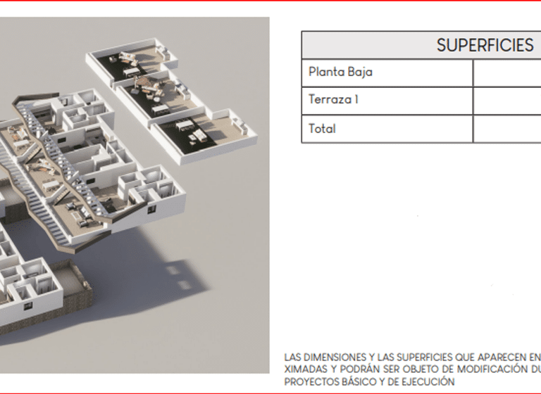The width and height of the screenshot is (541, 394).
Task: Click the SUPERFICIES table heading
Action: pos(485,46)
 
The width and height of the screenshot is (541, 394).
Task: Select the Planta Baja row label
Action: pos(340,72)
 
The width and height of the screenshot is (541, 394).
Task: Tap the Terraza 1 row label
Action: pos(333,100)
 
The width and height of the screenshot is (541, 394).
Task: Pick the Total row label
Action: pos(322,129)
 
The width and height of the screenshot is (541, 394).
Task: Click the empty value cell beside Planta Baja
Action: pos(507,72)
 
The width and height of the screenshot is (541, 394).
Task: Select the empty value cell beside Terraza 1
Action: pos(507,101)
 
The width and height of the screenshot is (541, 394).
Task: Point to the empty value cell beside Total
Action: pos(507,129)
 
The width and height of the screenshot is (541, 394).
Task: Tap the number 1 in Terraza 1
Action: pos(356,100)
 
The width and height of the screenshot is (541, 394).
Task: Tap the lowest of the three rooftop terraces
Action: pos(204,131)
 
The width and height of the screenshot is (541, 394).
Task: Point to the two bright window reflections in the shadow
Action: pos(179,278)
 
